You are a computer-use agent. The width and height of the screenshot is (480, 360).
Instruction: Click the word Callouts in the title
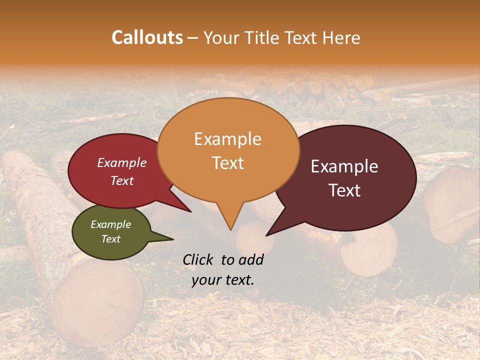[147, 37]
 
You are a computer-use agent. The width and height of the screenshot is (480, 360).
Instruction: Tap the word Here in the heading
[341, 37]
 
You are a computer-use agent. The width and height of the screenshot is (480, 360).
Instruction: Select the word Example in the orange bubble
[227, 139]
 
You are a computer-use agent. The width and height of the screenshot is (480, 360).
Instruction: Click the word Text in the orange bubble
[227, 162]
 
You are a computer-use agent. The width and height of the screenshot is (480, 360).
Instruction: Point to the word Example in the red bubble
[122, 162]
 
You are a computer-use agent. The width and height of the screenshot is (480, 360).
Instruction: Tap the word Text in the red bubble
[122, 180]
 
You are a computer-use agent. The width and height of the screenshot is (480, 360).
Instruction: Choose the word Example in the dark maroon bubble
[344, 166]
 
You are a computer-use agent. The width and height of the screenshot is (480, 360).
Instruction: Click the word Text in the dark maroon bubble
[344, 190]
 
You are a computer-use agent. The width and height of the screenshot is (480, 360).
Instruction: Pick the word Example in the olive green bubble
[110, 224]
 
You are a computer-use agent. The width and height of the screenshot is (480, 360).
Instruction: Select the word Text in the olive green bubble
[110, 239]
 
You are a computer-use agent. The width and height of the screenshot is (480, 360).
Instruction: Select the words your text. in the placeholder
[223, 280]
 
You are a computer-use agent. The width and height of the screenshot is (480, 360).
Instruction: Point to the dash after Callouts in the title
[192, 38]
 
